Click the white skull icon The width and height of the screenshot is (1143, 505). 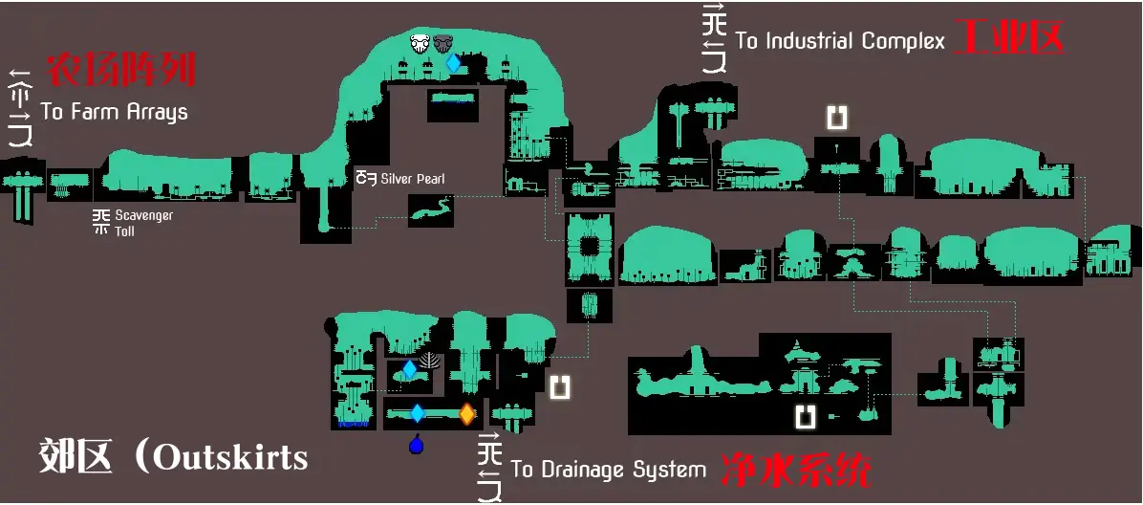[x=420, y=43]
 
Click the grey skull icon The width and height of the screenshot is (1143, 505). [x=442, y=43]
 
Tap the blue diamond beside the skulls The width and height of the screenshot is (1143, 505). [x=453, y=63]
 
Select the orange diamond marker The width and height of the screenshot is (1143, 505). [x=466, y=414]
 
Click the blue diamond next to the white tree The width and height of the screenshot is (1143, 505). [x=410, y=369]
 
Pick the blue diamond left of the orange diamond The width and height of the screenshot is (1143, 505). [x=417, y=414]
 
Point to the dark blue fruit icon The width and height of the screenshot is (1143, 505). [x=416, y=445]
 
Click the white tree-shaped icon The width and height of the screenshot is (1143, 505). [x=431, y=362]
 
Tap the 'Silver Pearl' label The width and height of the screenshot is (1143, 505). [x=412, y=179]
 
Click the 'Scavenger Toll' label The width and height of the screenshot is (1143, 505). [x=143, y=223]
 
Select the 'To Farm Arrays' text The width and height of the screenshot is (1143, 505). [x=114, y=112]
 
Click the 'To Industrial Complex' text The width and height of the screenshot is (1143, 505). [x=840, y=41]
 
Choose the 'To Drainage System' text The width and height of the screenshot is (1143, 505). [x=608, y=470]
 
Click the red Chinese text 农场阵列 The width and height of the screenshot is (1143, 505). [x=121, y=70]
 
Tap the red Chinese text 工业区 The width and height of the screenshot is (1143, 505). [x=1009, y=38]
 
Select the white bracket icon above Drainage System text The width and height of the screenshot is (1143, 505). [x=560, y=386]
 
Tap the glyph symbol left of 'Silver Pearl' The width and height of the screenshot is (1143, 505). [x=365, y=178]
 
